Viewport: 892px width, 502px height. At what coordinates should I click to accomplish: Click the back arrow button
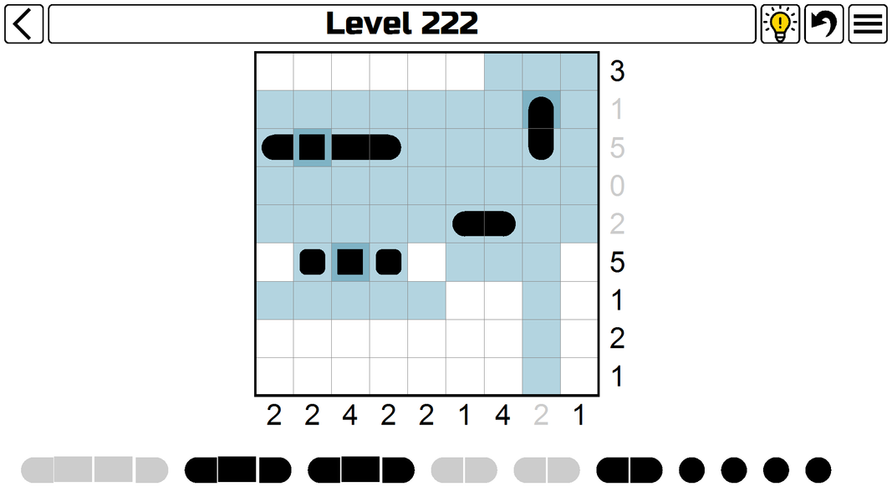pyautogui.click(x=23, y=23)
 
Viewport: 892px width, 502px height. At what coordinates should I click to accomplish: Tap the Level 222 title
pyautogui.click(x=401, y=23)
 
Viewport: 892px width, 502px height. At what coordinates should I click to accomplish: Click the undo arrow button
pyautogui.click(x=823, y=23)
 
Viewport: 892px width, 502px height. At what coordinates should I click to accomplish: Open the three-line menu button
pyautogui.click(x=868, y=23)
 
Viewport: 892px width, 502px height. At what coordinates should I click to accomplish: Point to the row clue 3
pyautogui.click(x=617, y=72)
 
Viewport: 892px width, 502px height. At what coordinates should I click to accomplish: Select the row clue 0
pyautogui.click(x=617, y=186)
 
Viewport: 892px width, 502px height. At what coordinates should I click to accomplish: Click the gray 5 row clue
pyautogui.click(x=617, y=148)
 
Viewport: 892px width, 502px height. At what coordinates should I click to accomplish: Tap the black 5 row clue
pyautogui.click(x=617, y=263)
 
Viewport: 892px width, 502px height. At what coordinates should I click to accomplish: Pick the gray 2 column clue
pyautogui.click(x=541, y=415)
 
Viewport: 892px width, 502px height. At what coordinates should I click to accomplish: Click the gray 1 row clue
pyautogui.click(x=617, y=110)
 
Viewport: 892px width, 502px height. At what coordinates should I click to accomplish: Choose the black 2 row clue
pyautogui.click(x=617, y=339)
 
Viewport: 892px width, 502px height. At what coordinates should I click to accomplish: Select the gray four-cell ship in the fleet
pyautogui.click(x=94, y=470)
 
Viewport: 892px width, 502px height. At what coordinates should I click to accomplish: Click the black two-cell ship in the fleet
pyautogui.click(x=629, y=470)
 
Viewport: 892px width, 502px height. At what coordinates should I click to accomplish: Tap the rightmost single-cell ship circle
pyautogui.click(x=818, y=470)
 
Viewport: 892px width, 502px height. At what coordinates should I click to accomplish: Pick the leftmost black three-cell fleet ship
pyautogui.click(x=237, y=470)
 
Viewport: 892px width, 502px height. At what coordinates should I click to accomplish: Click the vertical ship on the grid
pyautogui.click(x=541, y=128)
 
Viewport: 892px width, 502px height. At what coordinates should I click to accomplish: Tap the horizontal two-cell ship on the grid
pyautogui.click(x=484, y=223)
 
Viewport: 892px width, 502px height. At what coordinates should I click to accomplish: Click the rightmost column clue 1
pyautogui.click(x=579, y=415)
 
